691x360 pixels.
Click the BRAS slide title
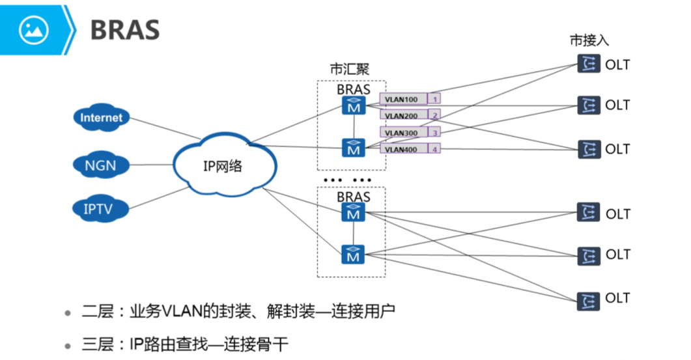[x=124, y=29]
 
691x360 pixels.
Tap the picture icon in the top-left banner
[x=34, y=30]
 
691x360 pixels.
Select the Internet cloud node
[x=101, y=118]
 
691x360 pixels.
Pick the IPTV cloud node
[x=100, y=209]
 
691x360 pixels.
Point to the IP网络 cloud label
[x=223, y=166]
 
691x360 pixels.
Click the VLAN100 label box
[x=403, y=99]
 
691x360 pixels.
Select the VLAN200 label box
[x=403, y=115]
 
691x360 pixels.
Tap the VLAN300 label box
[x=403, y=132]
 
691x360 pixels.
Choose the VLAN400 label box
[x=403, y=149]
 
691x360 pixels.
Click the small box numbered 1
[x=435, y=99]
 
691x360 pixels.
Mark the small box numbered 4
[x=435, y=149]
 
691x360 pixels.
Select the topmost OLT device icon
[x=588, y=64]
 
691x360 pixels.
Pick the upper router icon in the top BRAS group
[x=354, y=105]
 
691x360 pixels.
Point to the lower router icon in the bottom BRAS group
[x=354, y=255]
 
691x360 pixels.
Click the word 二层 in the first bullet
[x=95, y=312]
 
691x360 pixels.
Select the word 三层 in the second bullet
[x=95, y=344]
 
